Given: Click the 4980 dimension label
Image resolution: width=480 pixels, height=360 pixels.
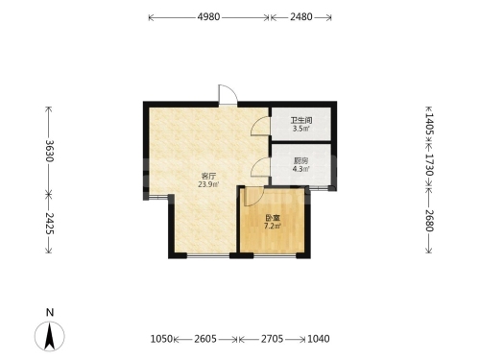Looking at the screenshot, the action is pos(208,16).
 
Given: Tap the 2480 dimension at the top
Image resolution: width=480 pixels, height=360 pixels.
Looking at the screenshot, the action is pos(301,16).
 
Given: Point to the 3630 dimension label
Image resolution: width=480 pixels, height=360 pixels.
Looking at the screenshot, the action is pos(49,151).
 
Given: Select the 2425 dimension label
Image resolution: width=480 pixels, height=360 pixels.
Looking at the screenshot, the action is pos(49,223).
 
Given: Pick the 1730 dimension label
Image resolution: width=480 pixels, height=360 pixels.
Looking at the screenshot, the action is pos(429,165).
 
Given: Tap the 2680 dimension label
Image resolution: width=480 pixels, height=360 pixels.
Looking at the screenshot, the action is pos(429,221).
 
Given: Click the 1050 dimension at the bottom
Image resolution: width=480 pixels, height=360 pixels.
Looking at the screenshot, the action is pos(161,339).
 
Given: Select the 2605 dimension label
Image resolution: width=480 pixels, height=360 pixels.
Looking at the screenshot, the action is pos(205,339).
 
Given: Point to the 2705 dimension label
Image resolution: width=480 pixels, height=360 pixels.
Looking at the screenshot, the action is pos(272,339).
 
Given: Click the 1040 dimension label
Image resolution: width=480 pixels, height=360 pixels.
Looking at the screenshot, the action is pos(319,339).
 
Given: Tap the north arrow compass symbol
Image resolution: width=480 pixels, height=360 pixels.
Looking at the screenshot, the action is pos(50,336).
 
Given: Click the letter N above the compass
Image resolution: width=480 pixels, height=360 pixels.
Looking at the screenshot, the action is pos(50,312).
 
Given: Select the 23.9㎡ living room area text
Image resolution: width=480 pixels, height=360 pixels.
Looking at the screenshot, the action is pos(208,184).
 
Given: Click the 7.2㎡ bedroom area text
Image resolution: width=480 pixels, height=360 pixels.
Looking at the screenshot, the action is pos(273,227).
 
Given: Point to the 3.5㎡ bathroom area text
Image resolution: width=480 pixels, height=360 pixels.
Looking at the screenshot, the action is pos(301,129).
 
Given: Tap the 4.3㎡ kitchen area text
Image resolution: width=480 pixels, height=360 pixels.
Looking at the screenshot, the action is pos(300,169).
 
